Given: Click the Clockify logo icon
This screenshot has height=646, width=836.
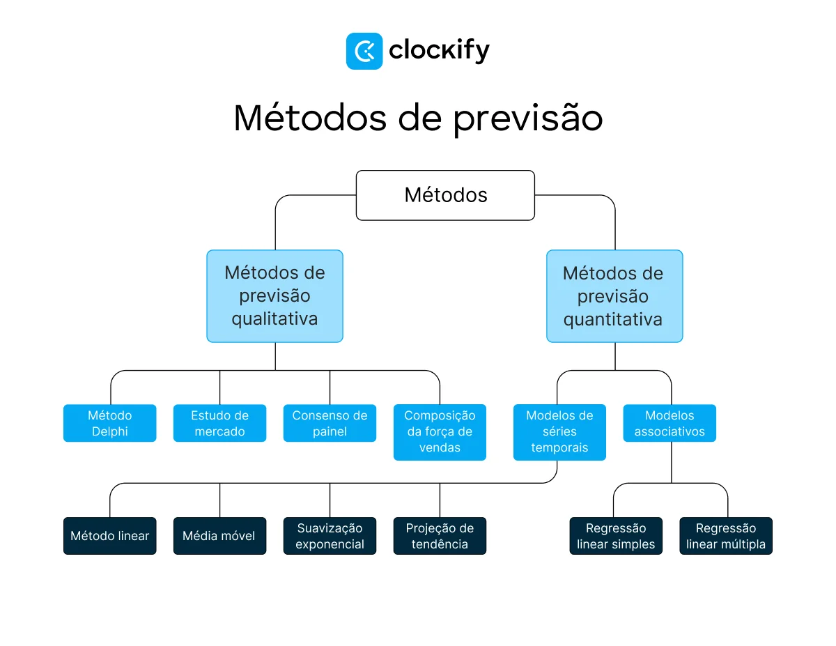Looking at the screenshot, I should pos(364,51).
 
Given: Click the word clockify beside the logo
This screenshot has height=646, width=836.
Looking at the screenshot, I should pos(439,51).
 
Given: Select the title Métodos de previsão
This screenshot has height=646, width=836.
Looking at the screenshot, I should pos(418,118).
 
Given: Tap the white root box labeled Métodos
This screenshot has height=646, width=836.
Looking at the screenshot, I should pos(445,195).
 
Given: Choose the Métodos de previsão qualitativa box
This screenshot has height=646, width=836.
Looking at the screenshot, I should pos(274,295).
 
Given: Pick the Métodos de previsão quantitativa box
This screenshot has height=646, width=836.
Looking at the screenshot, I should pos(614,295).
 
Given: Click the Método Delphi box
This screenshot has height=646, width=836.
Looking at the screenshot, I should pos(109,423).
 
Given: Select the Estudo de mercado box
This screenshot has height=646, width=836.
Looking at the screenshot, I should pos(219,423).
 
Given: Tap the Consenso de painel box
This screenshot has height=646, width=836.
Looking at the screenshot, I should pos(330,423).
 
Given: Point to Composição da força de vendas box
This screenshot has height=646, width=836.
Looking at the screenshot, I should pos(440,431).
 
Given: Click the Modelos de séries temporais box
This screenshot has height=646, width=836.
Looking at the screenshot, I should pos(559,431).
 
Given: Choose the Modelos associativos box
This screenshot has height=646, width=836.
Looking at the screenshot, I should pos(669,423).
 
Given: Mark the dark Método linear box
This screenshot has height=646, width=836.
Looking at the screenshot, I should pos(109,536).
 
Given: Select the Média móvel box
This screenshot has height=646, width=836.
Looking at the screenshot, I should pos(219,536).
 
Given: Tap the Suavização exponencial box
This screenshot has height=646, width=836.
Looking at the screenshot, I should pos(330,536).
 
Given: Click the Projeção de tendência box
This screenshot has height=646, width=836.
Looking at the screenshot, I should pos(440,536).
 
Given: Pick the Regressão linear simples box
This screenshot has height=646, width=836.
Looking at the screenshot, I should pos(616,536).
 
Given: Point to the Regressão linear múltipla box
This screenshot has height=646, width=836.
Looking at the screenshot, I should pos(726,536).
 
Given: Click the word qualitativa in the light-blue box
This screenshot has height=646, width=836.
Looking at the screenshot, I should pos(274,319).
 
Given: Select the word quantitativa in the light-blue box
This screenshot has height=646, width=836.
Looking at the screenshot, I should pos(613,320).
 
